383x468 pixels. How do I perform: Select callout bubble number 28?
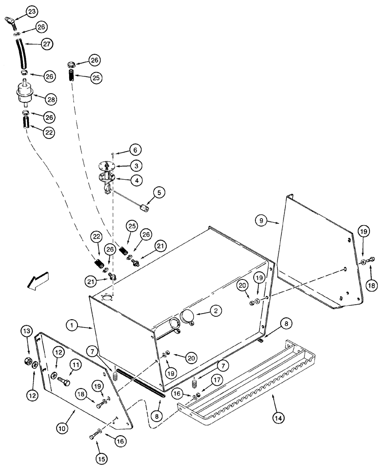pos(50,99)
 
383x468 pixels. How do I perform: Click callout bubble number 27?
pos(46,44)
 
